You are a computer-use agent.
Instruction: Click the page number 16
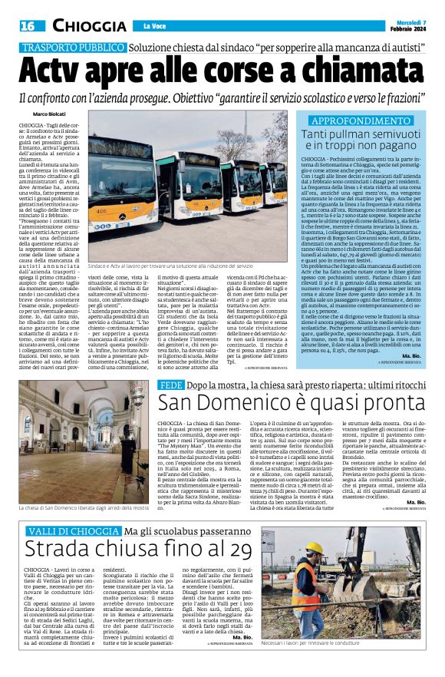click(x=28, y=26)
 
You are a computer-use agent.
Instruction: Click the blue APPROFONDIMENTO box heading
click(x=354, y=122)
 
